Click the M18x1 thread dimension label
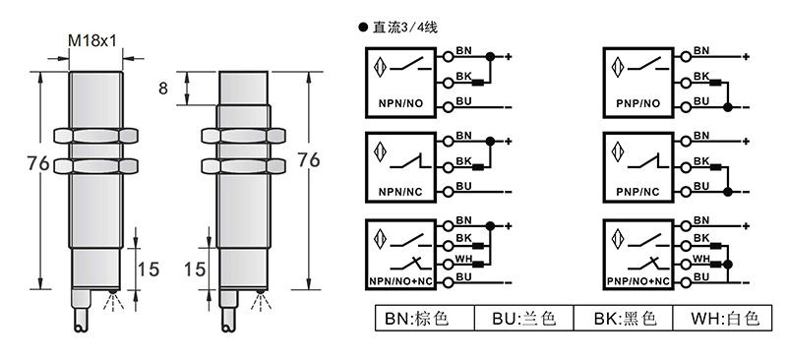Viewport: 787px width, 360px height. [92, 40]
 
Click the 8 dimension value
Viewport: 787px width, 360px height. [163, 89]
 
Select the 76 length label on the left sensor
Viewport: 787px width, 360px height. [38, 163]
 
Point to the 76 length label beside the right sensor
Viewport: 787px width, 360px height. [309, 160]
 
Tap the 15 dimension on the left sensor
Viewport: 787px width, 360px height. [149, 270]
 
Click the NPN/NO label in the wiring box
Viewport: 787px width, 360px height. [400, 104]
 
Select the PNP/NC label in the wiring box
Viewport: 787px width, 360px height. [637, 193]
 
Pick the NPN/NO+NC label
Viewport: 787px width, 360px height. [400, 281]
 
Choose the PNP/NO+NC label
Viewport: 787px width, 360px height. [637, 281]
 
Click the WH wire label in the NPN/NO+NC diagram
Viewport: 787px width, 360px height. [463, 259]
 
